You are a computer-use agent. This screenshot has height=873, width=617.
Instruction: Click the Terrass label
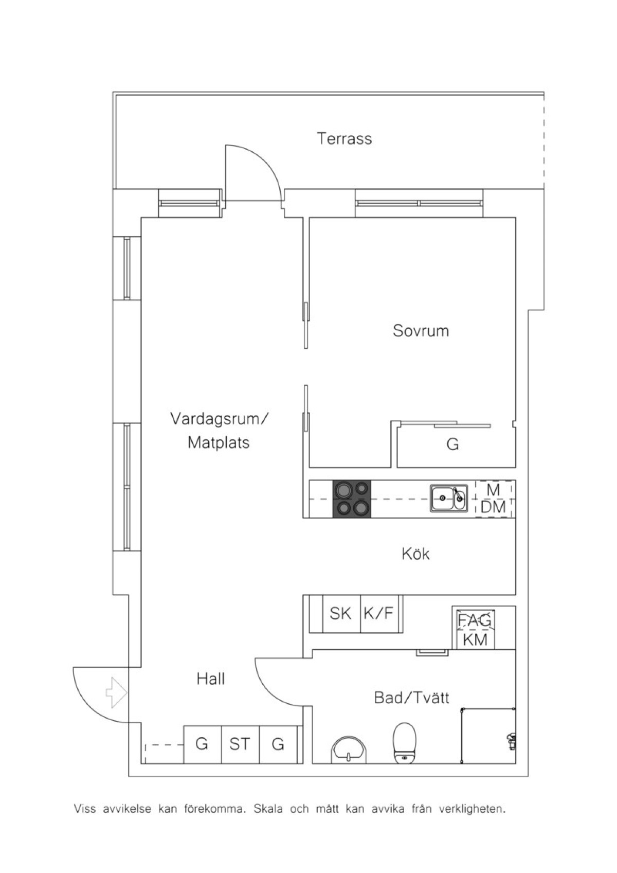(x=344, y=138)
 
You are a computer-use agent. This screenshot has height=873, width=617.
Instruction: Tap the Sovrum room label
(x=421, y=330)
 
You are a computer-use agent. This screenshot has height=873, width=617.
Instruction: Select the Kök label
(x=415, y=554)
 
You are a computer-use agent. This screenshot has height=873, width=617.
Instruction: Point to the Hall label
(x=211, y=679)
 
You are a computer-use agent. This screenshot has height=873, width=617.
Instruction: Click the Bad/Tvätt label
(x=411, y=698)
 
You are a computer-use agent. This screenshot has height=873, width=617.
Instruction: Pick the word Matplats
(x=219, y=442)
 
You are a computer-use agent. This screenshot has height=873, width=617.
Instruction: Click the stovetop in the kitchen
(x=352, y=499)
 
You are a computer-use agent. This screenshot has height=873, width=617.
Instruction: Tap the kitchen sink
(x=449, y=497)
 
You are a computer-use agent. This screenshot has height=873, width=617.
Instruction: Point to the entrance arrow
(x=117, y=692)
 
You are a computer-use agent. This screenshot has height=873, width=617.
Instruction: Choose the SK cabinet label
(x=340, y=613)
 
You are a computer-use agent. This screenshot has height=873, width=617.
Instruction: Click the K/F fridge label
(x=378, y=613)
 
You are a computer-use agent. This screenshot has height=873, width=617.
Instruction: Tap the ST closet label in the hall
(x=239, y=744)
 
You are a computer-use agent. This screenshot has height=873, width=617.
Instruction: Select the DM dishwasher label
(x=493, y=507)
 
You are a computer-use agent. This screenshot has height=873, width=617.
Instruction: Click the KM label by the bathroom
(x=475, y=639)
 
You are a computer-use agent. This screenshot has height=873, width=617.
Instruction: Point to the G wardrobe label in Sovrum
(x=452, y=444)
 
